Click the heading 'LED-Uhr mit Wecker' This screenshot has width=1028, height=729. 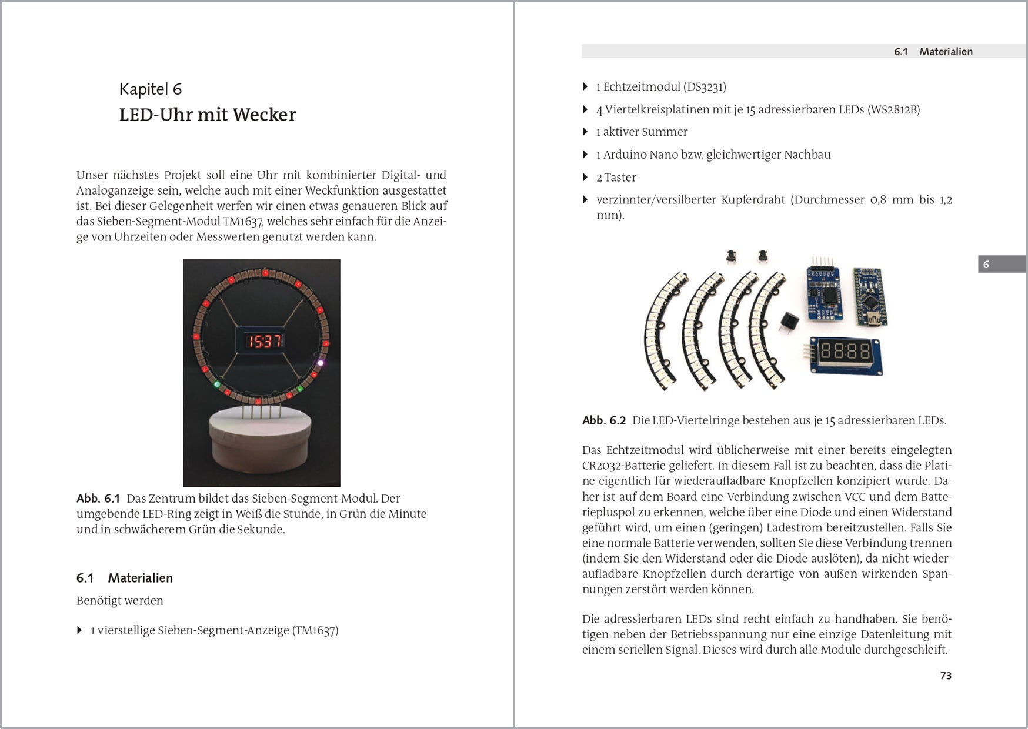point(207,115)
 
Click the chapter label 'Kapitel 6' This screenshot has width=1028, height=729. point(151,89)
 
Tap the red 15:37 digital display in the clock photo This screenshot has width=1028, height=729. point(262,341)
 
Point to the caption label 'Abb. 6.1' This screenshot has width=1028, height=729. point(98,499)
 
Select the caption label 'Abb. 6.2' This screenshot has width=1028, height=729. point(604,420)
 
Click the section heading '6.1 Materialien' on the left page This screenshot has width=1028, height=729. point(125,578)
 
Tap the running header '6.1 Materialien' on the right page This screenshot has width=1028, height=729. point(933,52)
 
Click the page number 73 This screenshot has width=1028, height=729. point(946,676)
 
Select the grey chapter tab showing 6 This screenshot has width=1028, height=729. point(1002,264)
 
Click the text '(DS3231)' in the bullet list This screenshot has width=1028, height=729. point(705,87)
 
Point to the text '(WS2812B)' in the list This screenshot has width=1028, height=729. point(893,109)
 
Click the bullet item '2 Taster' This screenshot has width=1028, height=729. point(616,178)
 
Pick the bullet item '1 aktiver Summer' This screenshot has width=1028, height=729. point(642,132)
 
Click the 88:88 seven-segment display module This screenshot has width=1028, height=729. point(845,354)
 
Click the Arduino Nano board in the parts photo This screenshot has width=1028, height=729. point(870,297)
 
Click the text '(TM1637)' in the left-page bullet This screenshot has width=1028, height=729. point(315,631)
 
